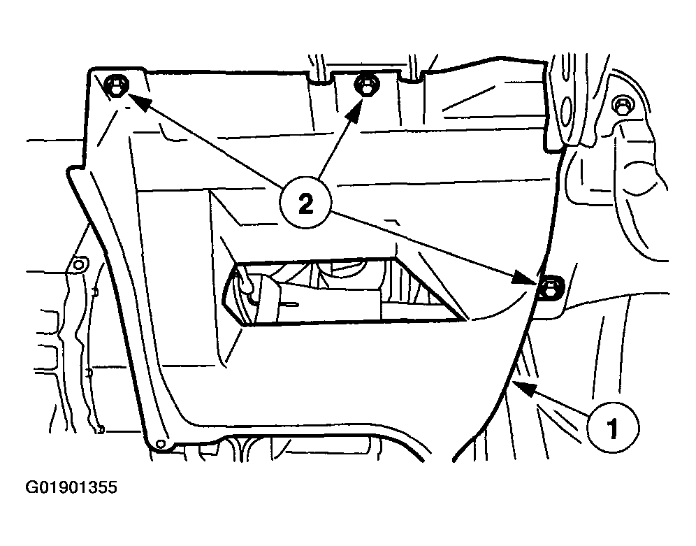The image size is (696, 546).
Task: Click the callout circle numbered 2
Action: [305, 203]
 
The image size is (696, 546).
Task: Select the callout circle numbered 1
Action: [613, 427]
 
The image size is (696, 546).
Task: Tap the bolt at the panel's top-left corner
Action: [116, 85]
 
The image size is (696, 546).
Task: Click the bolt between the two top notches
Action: [366, 84]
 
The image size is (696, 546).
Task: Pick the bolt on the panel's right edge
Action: [551, 287]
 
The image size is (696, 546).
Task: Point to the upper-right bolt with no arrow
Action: [623, 105]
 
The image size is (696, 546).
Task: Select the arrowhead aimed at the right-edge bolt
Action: [524, 277]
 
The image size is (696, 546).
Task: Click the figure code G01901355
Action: [71, 487]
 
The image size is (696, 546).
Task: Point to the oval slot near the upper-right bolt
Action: [567, 108]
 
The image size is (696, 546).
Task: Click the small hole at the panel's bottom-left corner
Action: [161, 443]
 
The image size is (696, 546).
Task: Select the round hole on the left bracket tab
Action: [78, 265]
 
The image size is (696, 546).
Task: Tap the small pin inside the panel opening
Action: [289, 305]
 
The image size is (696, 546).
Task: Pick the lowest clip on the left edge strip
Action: [101, 429]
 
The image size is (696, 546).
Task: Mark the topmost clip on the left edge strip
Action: [94, 292]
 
